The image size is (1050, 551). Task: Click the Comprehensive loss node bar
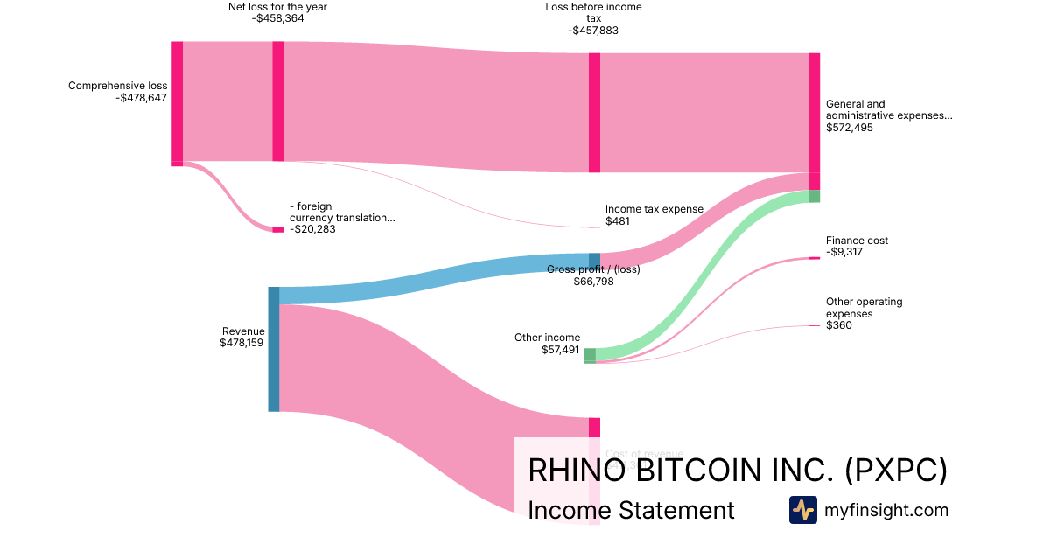pos(177,102)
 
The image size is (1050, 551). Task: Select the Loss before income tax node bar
pos(594,113)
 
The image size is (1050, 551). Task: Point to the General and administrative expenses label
pos(888,109)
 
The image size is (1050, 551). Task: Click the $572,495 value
pos(849,128)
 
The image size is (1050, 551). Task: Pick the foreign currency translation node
pos(278,229)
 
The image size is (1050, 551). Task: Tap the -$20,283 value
pos(312,229)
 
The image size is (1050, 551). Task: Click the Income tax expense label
pos(654,209)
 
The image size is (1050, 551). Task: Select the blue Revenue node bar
pos(274,348)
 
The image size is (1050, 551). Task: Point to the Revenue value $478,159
pos(242,344)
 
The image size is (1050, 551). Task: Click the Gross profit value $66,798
pos(594,282)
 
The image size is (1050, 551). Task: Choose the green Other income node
pos(590,355)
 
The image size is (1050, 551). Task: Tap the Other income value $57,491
pos(560,350)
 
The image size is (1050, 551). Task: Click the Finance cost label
pos(857,241)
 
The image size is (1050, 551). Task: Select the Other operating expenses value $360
pos(838,325)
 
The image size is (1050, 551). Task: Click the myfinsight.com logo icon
pos(802,510)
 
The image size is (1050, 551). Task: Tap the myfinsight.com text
pos(886,510)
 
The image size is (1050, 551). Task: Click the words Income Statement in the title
pos(631,510)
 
